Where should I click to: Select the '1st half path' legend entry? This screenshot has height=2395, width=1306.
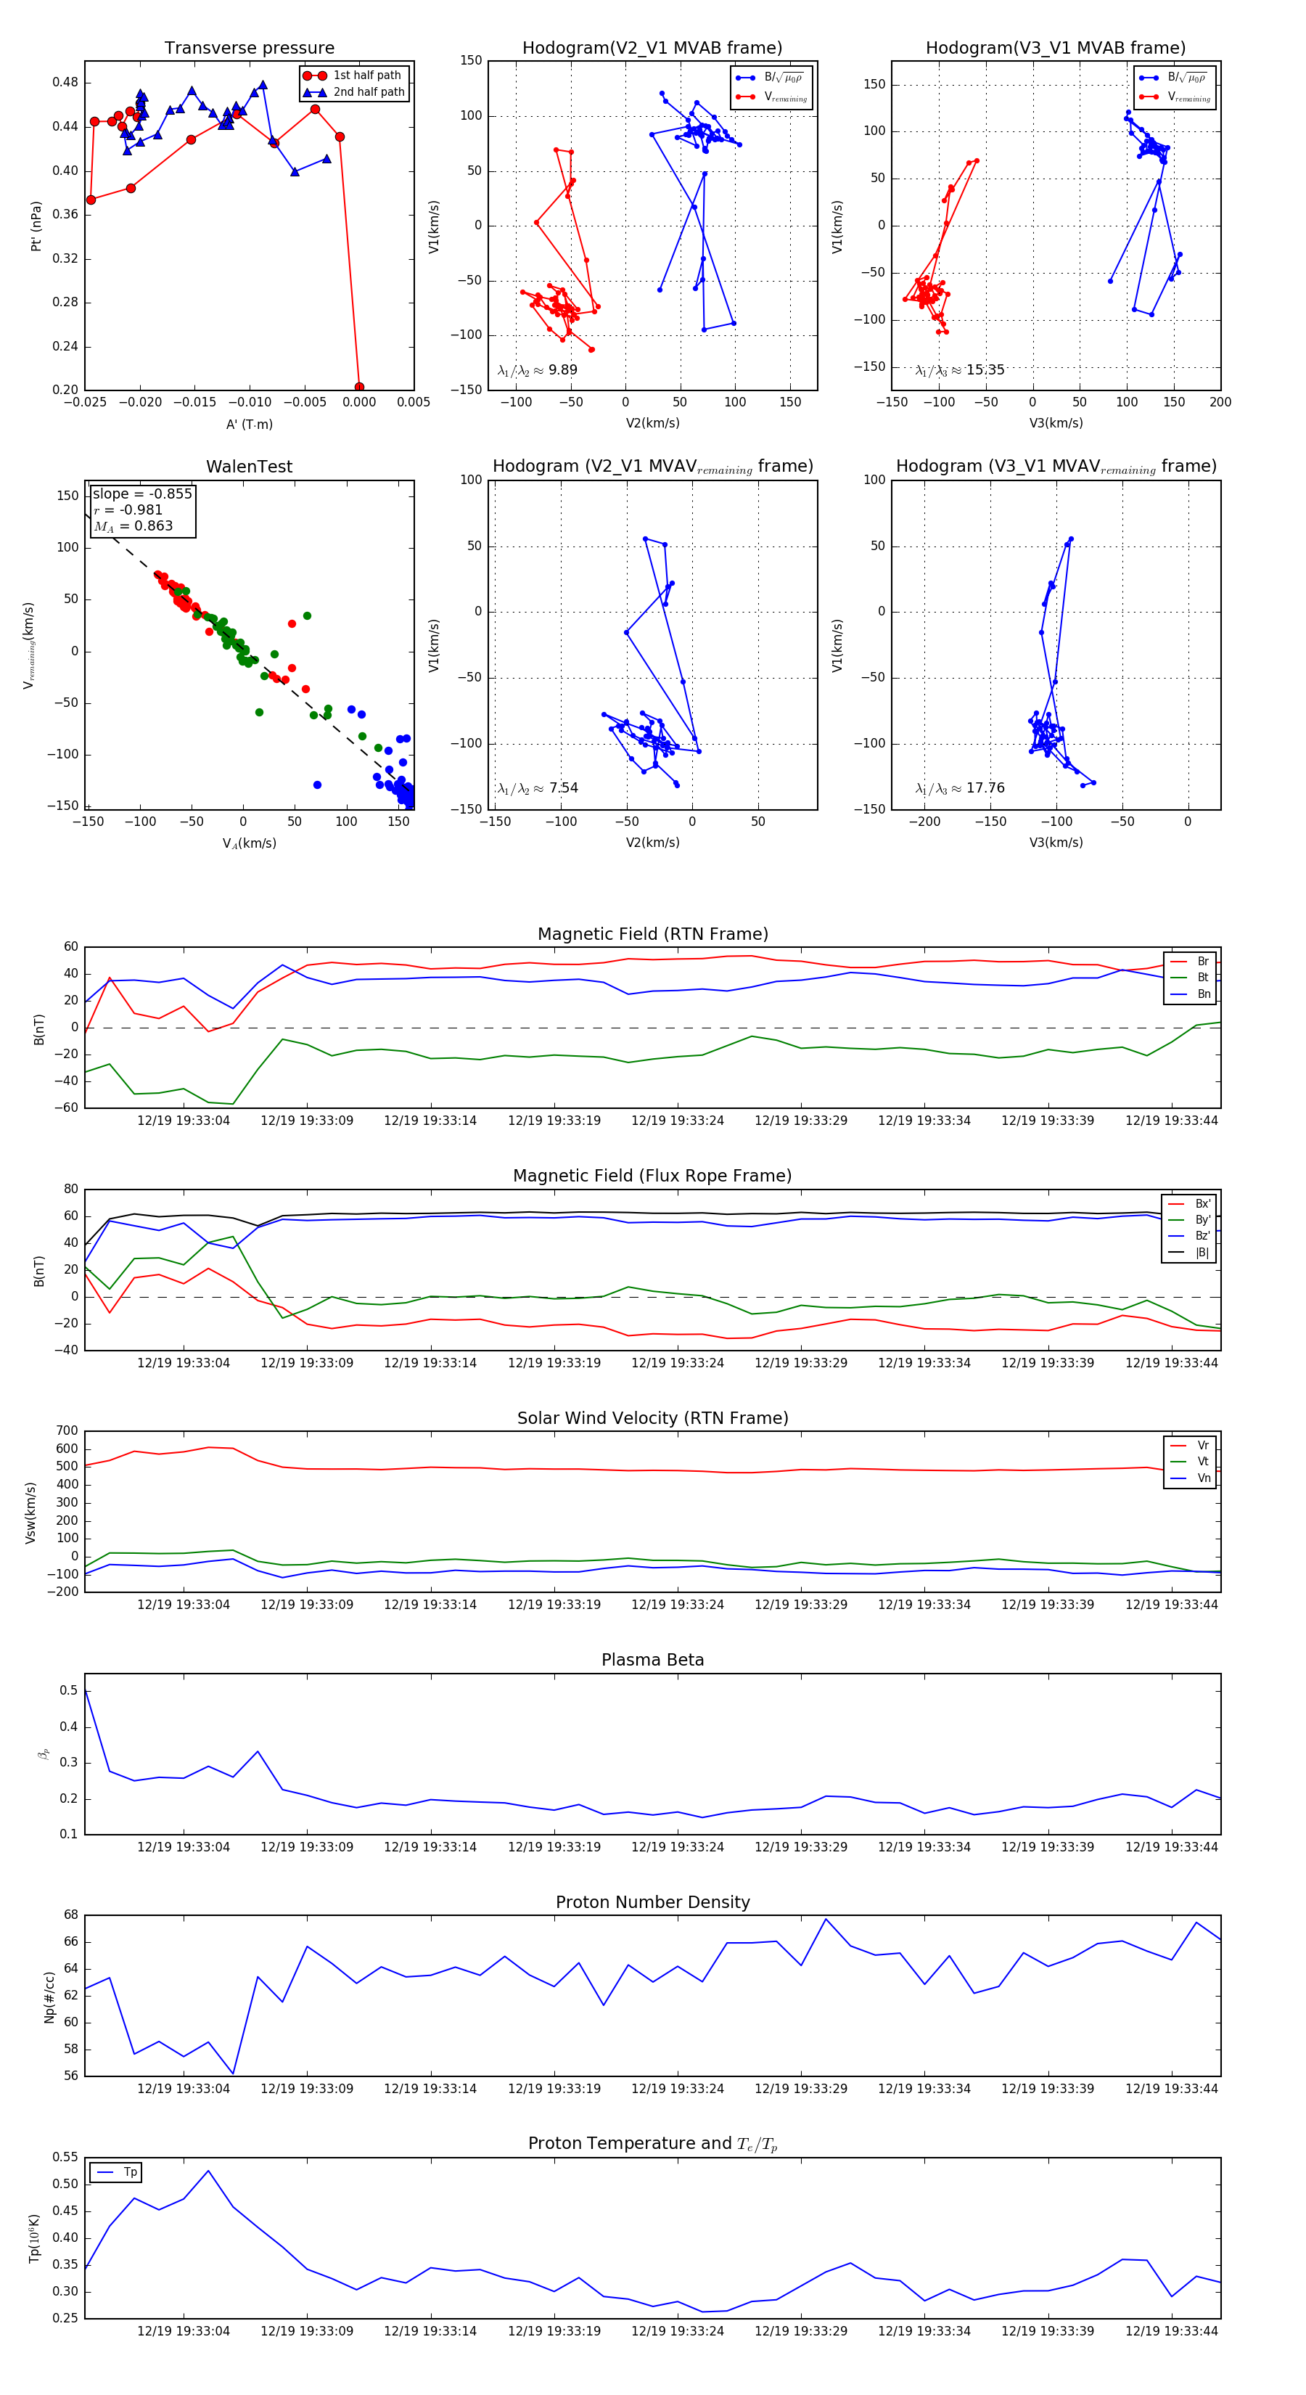366,75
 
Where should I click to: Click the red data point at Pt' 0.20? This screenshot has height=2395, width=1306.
359,388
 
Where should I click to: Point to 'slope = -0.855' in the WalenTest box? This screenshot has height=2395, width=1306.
141,494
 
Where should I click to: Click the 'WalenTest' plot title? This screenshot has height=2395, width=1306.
249,467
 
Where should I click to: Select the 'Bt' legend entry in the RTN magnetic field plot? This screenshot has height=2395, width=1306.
1202,977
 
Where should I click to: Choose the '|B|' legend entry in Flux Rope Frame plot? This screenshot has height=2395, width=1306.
1201,1253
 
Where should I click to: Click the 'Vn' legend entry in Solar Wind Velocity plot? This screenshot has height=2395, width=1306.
1203,1478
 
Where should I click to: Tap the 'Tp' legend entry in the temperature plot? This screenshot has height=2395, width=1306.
129,2173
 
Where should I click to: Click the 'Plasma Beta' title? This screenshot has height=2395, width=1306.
652,1660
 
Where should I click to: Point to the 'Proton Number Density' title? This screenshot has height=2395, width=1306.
652,1902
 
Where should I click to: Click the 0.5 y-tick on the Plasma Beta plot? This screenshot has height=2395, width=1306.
69,1690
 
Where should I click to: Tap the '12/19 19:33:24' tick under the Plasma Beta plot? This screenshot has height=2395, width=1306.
677,1847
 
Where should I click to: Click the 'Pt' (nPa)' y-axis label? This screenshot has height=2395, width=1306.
36,226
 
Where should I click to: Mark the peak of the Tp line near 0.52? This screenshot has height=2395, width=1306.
208,2171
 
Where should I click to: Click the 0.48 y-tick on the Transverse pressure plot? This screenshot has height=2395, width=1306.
65,82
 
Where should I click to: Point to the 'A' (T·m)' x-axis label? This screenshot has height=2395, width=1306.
249,425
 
